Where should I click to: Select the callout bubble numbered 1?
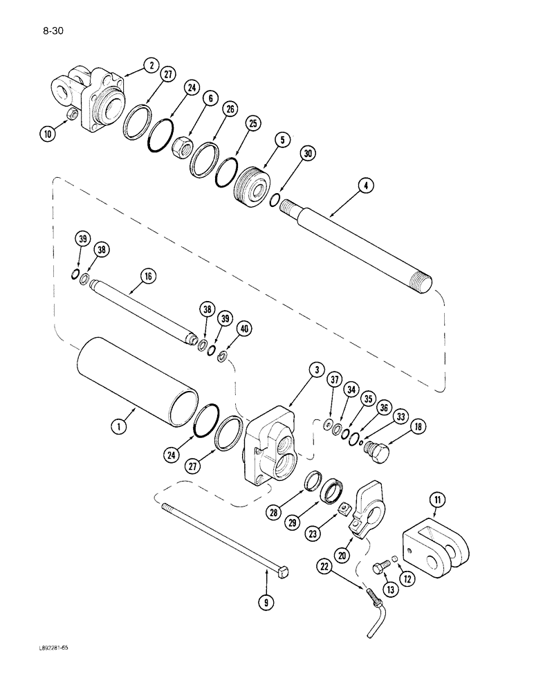(x=120, y=428)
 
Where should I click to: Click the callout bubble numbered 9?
(x=265, y=603)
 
